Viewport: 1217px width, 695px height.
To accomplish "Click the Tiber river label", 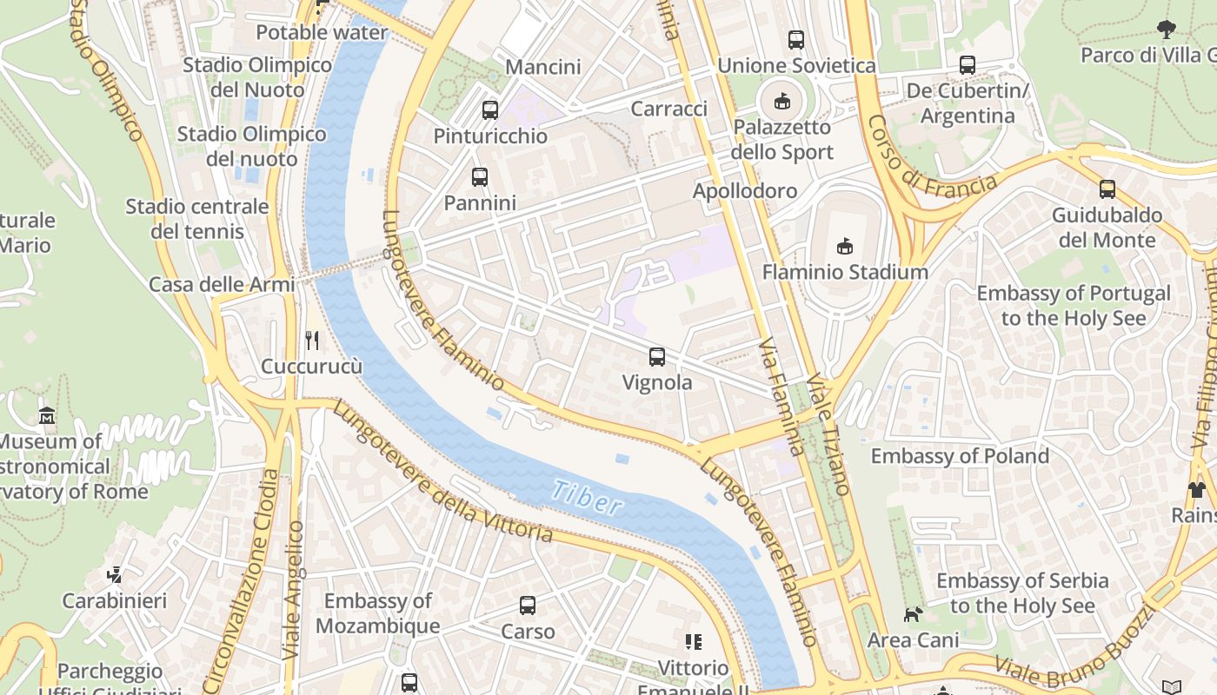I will pyautogui.click(x=587, y=497).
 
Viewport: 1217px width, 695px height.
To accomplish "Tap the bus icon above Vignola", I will pyautogui.click(x=657, y=356).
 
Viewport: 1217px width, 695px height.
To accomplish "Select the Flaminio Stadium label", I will pyautogui.click(x=845, y=272).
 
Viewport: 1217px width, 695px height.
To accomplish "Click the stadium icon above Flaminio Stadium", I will pyautogui.click(x=844, y=247).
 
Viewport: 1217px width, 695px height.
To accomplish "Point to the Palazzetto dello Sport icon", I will pyautogui.click(x=782, y=101).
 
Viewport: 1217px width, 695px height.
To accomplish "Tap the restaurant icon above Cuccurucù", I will pyautogui.click(x=312, y=340).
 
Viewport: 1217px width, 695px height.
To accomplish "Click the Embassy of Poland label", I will pyautogui.click(x=960, y=456).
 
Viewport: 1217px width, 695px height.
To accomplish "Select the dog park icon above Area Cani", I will pyautogui.click(x=913, y=615).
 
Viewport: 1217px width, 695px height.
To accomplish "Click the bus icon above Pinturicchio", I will pyautogui.click(x=490, y=110).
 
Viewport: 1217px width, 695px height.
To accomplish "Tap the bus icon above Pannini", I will pyautogui.click(x=479, y=177).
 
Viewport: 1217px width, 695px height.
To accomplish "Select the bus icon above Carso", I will pyautogui.click(x=528, y=606).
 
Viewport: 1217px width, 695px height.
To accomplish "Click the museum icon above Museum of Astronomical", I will pyautogui.click(x=47, y=416).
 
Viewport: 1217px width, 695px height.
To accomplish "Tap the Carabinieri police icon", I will pyautogui.click(x=114, y=574).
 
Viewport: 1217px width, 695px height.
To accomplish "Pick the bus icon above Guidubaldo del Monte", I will pyautogui.click(x=1107, y=189).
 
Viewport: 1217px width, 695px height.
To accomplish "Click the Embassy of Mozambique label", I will pyautogui.click(x=377, y=613).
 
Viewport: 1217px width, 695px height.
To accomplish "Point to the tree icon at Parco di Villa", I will pyautogui.click(x=1167, y=30).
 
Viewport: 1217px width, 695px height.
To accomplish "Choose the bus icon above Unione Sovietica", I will pyautogui.click(x=795, y=39).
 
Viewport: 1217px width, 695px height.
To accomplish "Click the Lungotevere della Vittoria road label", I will pyautogui.click(x=442, y=474).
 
